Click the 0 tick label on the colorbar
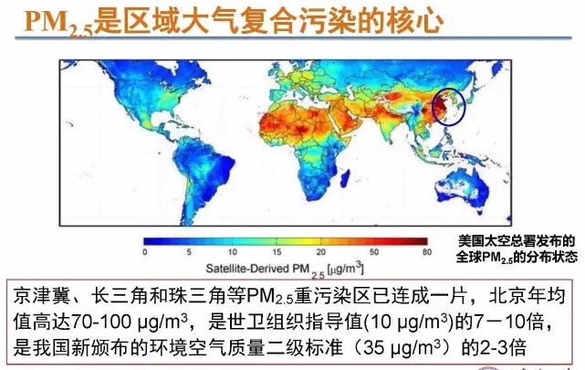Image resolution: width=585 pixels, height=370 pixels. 144,251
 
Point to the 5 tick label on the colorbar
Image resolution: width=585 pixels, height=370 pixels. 189,251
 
